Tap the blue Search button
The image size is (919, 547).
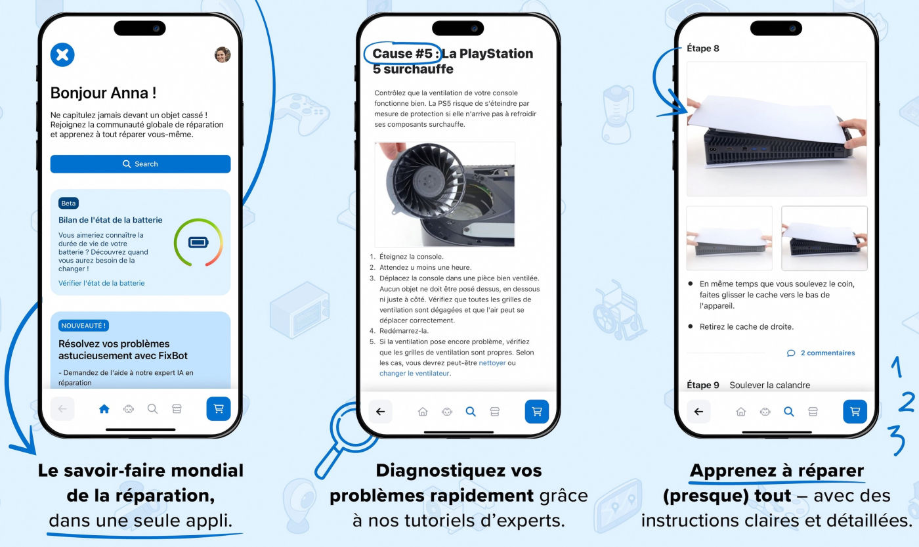coord(140,164)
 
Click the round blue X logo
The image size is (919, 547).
coord(62,55)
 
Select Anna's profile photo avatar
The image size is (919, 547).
coord(223,55)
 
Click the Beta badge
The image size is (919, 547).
coord(68,203)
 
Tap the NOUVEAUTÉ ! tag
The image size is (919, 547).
coord(83,326)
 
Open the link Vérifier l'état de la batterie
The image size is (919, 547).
coord(101,283)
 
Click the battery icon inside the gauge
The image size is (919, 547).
coord(198,242)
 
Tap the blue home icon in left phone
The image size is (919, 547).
coord(104,408)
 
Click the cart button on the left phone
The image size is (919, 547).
coord(218,408)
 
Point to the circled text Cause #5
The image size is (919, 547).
coord(402,53)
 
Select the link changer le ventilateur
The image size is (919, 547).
coord(414,374)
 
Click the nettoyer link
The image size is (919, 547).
coord(492,362)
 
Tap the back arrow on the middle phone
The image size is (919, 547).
coord(380,411)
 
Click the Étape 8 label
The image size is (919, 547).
coord(703,49)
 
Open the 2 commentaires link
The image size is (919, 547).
coord(821,353)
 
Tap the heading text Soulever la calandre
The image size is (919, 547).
coord(769,385)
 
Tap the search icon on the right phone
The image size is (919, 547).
coord(788,411)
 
